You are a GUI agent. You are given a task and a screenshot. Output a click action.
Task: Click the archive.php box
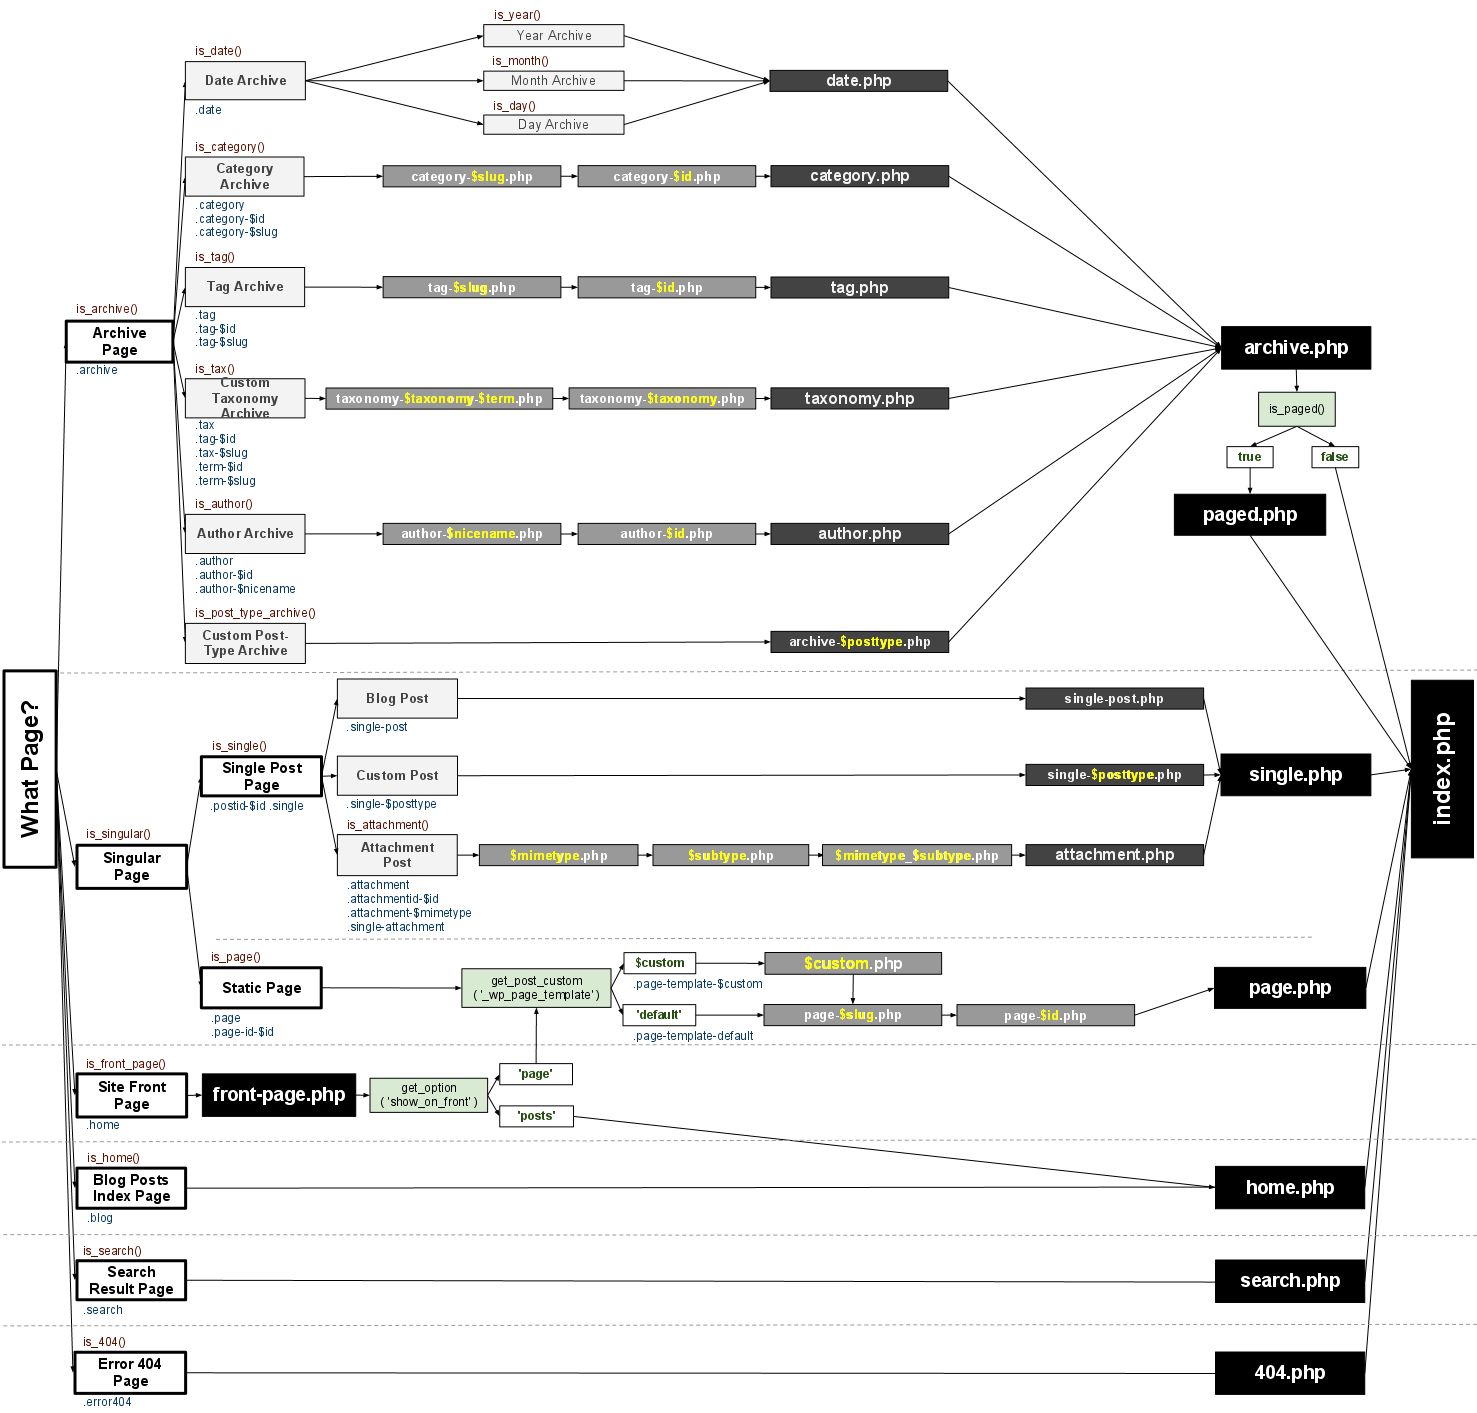tap(1295, 348)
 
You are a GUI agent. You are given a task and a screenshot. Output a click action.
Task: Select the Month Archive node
tap(553, 81)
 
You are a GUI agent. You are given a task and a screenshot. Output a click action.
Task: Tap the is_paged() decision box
tap(1296, 409)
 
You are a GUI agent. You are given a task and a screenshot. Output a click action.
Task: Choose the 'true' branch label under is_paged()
tap(1249, 457)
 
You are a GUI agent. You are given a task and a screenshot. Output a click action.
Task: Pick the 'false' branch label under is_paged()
tap(1334, 457)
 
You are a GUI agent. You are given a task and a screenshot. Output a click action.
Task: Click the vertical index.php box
tap(1442, 768)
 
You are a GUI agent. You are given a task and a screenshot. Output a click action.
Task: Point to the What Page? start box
tap(30, 768)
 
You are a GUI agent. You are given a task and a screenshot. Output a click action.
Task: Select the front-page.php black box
tap(279, 1095)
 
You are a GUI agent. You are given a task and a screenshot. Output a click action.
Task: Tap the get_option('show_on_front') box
tap(429, 1095)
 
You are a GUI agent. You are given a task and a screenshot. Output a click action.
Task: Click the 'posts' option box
tap(536, 1116)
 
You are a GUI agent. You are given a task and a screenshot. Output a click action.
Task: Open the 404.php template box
tap(1289, 1373)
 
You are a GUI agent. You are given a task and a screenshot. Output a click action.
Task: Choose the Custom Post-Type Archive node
tap(245, 643)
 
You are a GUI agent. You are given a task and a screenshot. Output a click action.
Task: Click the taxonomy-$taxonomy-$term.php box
tap(439, 399)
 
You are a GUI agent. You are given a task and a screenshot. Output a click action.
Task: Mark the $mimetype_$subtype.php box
tap(916, 855)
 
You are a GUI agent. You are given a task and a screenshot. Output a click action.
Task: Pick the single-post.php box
tap(1114, 699)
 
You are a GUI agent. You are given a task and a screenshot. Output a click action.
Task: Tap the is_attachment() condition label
tap(387, 825)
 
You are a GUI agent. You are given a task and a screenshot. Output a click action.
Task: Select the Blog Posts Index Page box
tap(131, 1188)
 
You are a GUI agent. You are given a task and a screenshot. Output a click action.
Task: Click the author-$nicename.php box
tap(471, 534)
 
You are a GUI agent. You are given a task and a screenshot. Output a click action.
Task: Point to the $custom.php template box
tap(852, 963)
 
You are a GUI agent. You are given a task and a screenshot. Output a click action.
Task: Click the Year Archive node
tap(553, 36)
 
